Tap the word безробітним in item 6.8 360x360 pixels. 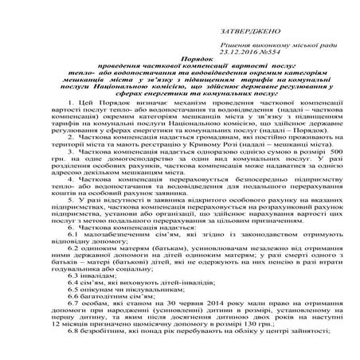104,358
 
